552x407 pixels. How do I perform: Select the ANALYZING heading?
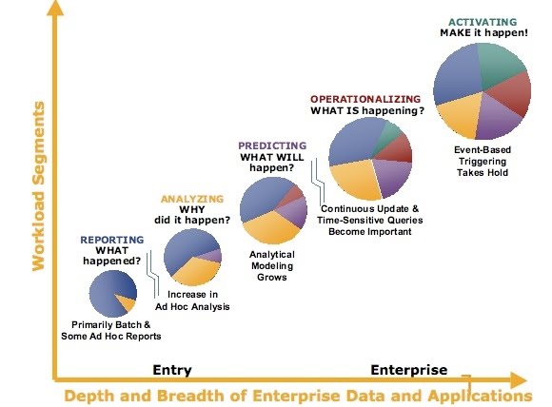point(191,199)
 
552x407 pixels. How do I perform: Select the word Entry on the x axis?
point(172,369)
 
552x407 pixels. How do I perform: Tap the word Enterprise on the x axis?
point(407,369)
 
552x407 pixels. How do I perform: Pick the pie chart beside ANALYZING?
point(192,257)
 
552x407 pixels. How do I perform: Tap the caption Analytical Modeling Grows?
point(271,265)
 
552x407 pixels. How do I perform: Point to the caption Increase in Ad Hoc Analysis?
point(192,300)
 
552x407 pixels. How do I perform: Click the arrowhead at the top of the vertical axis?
point(58,10)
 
